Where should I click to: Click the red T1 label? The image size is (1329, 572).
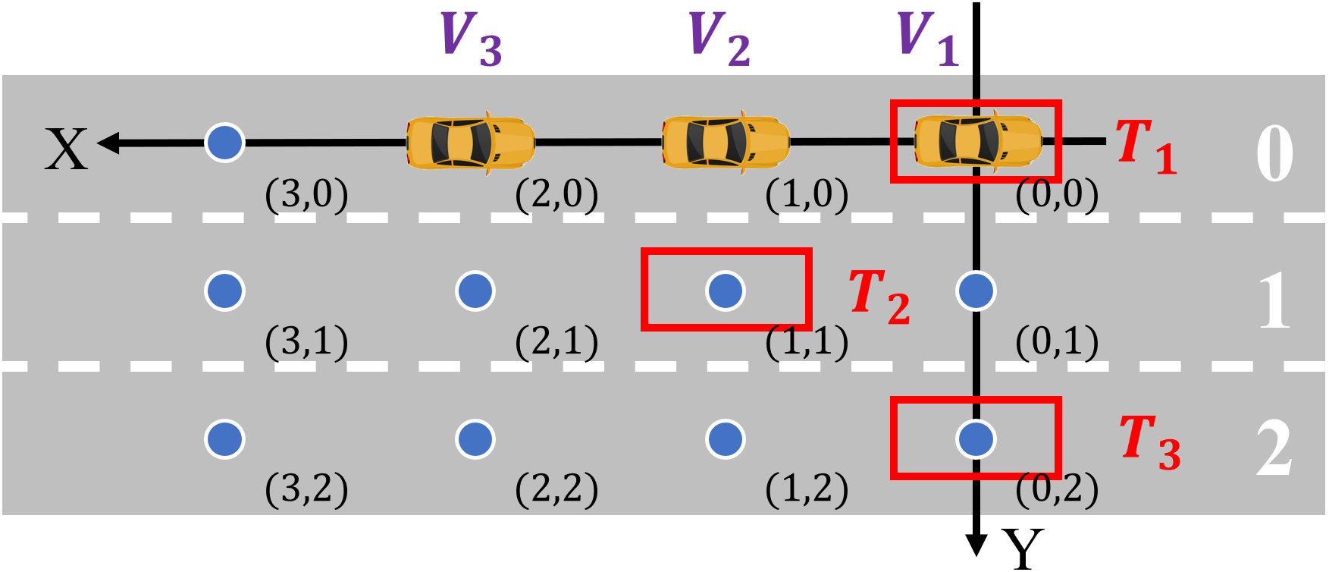pos(1146,146)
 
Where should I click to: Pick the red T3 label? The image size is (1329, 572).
pos(1149,442)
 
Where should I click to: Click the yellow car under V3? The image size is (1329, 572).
pos(470,142)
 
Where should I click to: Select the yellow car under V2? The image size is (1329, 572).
pos(726,142)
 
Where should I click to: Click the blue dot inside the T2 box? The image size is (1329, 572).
pos(726,291)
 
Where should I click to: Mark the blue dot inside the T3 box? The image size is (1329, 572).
pos(976,438)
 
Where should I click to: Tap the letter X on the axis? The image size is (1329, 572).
pos(66,149)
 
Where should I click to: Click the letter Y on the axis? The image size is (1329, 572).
pos(1023,548)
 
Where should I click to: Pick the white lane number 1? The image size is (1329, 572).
pos(1274,301)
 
